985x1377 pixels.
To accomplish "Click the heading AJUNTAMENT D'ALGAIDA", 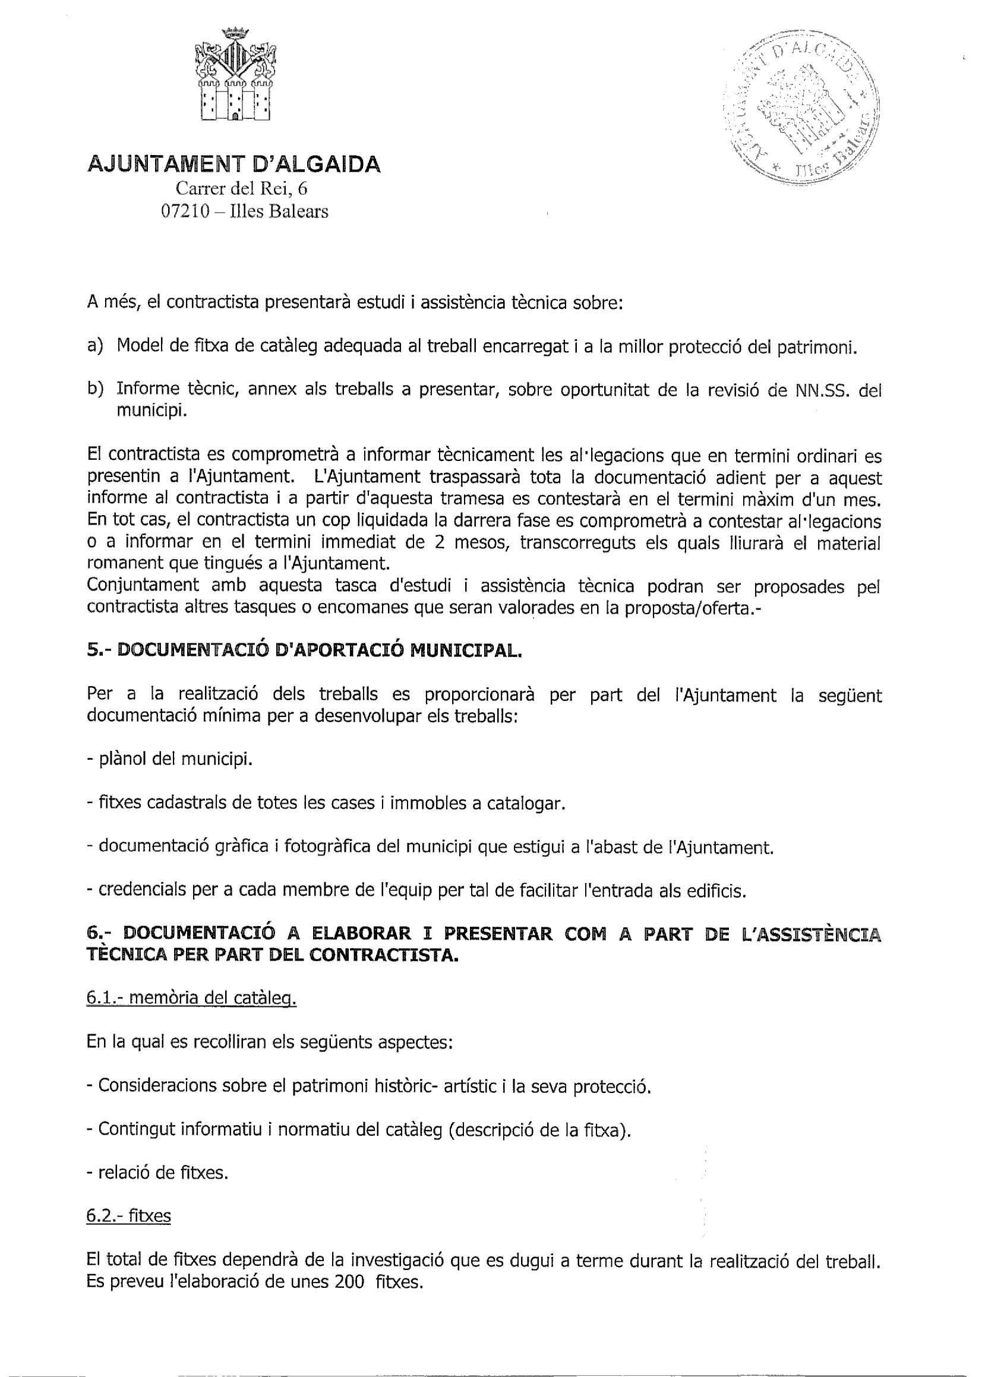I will pyautogui.click(x=234, y=165).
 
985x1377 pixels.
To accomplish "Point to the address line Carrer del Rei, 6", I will pyautogui.click(x=242, y=189).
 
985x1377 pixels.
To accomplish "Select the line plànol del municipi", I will pyautogui.click(x=170, y=759).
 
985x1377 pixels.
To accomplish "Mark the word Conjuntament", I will pyautogui.click(x=143, y=586).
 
